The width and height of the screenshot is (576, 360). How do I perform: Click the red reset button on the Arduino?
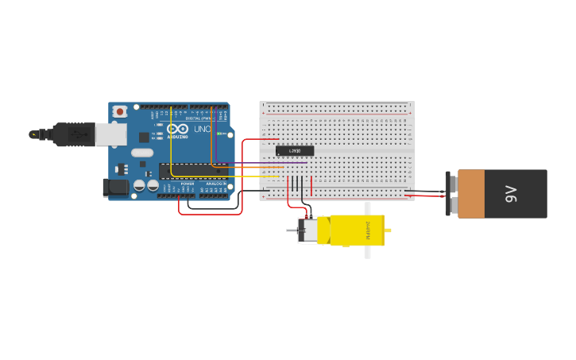click(120, 112)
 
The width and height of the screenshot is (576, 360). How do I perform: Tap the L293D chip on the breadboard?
click(295, 151)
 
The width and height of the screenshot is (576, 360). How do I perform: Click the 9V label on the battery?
click(512, 193)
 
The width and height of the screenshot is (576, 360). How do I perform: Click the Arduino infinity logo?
click(178, 130)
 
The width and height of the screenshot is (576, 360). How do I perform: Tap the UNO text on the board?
click(202, 130)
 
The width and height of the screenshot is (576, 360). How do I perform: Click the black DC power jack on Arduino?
click(116, 188)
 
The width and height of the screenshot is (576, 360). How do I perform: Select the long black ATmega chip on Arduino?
click(191, 169)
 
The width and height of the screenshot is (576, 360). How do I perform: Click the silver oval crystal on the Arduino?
click(141, 153)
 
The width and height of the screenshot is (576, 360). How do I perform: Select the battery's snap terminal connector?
click(451, 194)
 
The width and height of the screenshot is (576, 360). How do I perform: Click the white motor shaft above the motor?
click(367, 208)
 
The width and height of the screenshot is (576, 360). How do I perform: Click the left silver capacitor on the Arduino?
click(140, 185)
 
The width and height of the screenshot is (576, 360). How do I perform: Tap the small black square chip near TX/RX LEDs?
click(144, 137)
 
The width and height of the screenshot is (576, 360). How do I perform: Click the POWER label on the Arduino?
click(187, 184)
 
